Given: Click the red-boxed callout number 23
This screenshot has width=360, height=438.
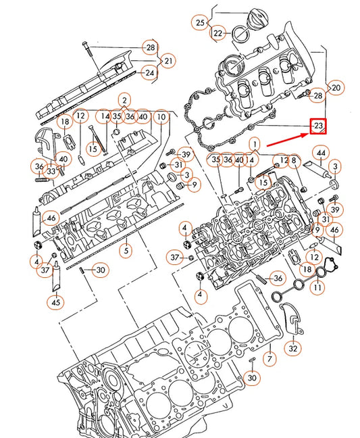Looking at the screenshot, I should tap(318, 126).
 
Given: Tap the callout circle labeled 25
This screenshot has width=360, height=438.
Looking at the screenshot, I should tap(201, 22).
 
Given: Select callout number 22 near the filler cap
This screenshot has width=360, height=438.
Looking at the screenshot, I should tap(218, 32).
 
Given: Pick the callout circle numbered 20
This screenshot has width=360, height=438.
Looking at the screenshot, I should tap(336, 87).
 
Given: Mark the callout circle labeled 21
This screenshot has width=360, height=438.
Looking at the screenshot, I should tap(168, 62).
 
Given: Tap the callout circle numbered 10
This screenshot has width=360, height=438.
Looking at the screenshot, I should tap(161, 116).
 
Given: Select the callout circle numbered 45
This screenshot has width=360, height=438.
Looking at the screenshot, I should tap(55, 301).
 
